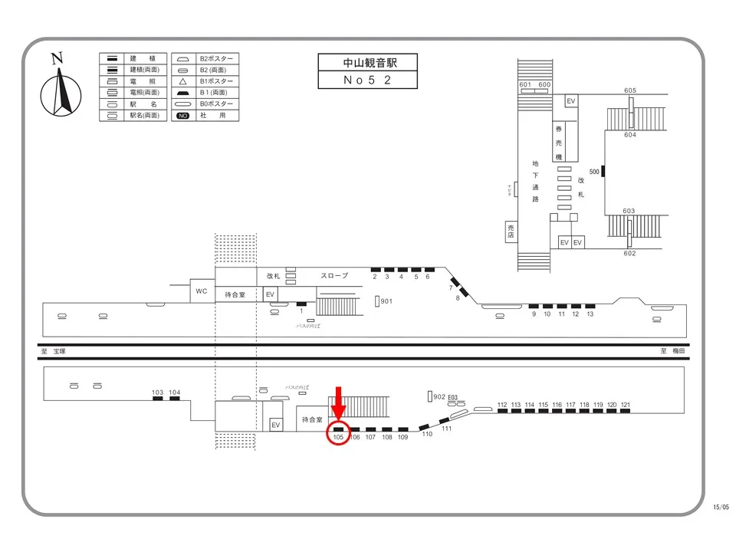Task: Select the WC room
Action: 202,291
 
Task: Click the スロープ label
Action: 334,276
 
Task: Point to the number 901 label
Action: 386,301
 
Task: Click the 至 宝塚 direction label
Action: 54,351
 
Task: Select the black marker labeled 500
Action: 603,171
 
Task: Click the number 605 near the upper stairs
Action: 630,91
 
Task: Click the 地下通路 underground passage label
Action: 535,181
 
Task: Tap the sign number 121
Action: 626,404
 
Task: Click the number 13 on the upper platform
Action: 590,314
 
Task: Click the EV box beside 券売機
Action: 570,101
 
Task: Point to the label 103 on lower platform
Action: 158,393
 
